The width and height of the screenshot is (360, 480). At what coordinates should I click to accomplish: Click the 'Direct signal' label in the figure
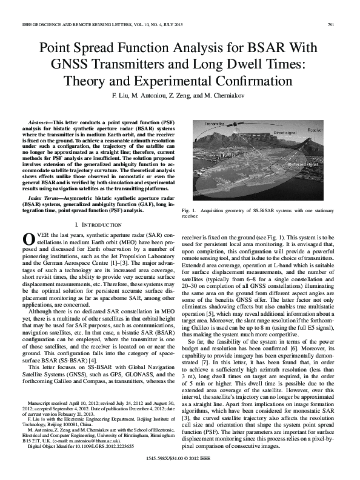coord(285,132)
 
